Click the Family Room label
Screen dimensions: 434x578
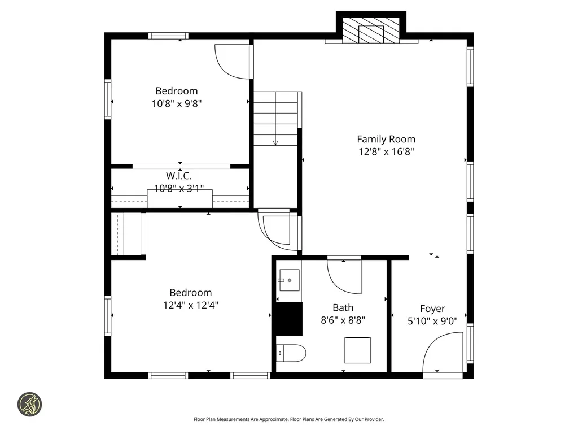click(x=386, y=139)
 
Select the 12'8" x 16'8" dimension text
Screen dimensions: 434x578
click(x=386, y=151)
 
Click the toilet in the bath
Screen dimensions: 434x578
click(x=291, y=353)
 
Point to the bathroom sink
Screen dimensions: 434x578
click(x=290, y=279)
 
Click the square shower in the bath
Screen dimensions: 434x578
click(x=358, y=350)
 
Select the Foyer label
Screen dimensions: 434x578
click(x=432, y=309)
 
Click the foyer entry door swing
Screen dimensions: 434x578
click(x=441, y=353)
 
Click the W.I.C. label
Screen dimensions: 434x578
click(x=178, y=176)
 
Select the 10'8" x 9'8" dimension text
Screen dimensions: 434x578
click(x=177, y=103)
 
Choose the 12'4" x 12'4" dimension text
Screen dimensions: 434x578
click(x=191, y=305)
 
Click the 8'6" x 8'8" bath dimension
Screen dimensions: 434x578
click(x=343, y=320)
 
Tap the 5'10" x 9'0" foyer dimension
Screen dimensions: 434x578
click(x=432, y=320)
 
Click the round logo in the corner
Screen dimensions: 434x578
click(x=29, y=405)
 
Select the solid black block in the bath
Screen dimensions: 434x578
click(x=288, y=319)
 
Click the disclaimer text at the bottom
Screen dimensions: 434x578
click(x=288, y=419)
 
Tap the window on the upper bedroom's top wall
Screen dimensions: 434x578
click(x=169, y=36)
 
